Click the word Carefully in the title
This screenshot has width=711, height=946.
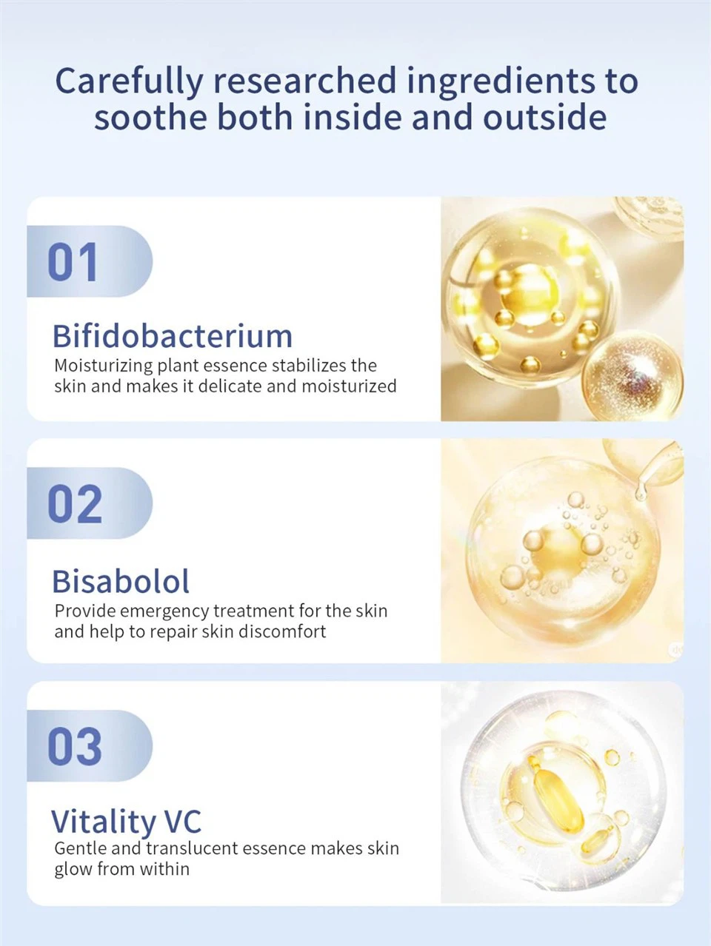129,81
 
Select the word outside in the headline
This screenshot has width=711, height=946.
544,116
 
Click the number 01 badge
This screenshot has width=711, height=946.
90,261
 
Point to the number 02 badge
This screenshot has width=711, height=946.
90,503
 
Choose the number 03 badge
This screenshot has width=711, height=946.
90,746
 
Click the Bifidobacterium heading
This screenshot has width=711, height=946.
173,336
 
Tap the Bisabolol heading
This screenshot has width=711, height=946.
121,581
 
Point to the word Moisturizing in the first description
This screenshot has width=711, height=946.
104,366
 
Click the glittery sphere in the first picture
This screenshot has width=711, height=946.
632,375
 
